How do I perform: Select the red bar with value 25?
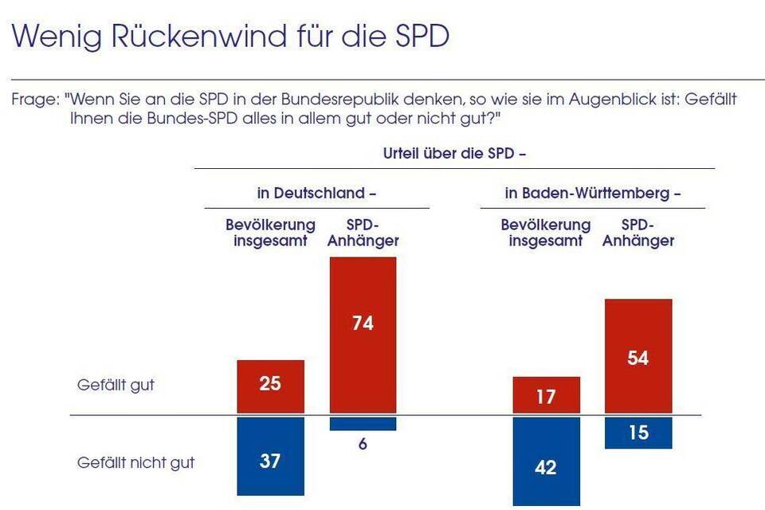pyautogui.click(x=270, y=386)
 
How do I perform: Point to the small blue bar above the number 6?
pyautogui.click(x=363, y=423)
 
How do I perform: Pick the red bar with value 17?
pyautogui.click(x=546, y=394)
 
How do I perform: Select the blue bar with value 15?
pyautogui.click(x=637, y=433)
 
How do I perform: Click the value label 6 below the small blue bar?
pyautogui.click(x=363, y=445)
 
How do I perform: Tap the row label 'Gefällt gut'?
pyautogui.click(x=116, y=385)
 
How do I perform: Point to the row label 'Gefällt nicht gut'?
pyautogui.click(x=135, y=462)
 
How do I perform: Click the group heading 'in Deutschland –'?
pyautogui.click(x=316, y=194)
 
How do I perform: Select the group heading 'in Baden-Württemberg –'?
pyautogui.click(x=593, y=194)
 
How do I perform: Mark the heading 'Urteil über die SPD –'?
pyautogui.click(x=455, y=154)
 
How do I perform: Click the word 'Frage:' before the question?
pyautogui.click(x=35, y=101)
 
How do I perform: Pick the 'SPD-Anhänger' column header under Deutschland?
pyautogui.click(x=363, y=233)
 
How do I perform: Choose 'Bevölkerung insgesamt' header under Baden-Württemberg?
pyautogui.click(x=546, y=233)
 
